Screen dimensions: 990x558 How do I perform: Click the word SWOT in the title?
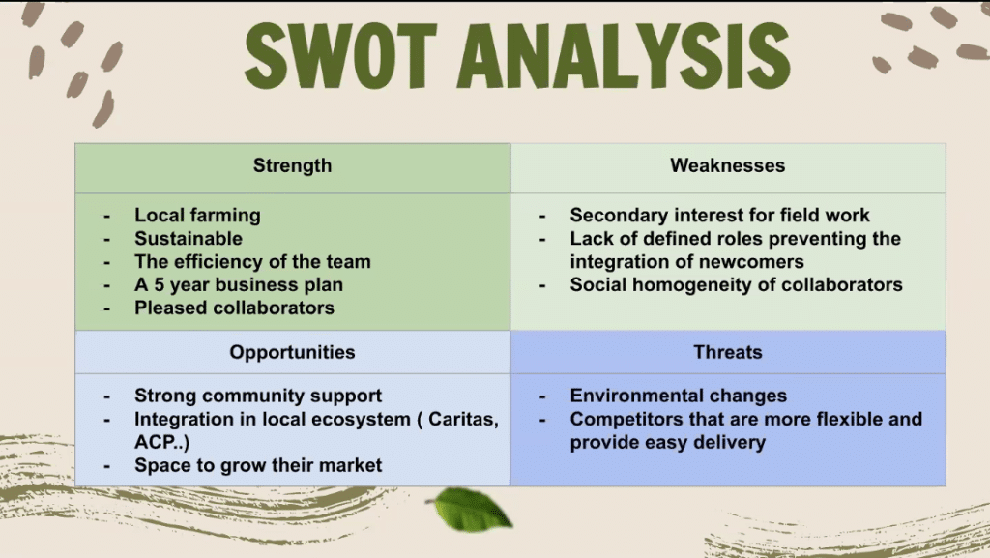tap(340, 56)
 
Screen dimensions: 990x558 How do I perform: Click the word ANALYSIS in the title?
tap(624, 56)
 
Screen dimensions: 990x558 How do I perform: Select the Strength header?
tap(292, 165)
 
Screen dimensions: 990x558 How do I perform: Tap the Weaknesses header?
tap(727, 165)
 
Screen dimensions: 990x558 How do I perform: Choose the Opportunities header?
tap(292, 352)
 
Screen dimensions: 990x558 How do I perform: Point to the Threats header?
tap(727, 352)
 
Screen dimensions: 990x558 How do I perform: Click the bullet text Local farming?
tap(197, 216)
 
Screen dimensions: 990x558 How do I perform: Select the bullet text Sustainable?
tap(189, 239)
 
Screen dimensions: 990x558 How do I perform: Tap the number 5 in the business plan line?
tap(160, 284)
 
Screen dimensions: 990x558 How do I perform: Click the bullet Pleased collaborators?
tap(234, 308)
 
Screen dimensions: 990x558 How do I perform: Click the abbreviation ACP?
tap(155, 442)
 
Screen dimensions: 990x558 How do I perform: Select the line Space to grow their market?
tap(258, 466)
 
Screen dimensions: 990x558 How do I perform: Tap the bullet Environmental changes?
tap(678, 396)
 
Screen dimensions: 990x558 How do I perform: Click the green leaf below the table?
tap(471, 508)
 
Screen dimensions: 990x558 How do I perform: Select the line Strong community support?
tap(258, 396)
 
